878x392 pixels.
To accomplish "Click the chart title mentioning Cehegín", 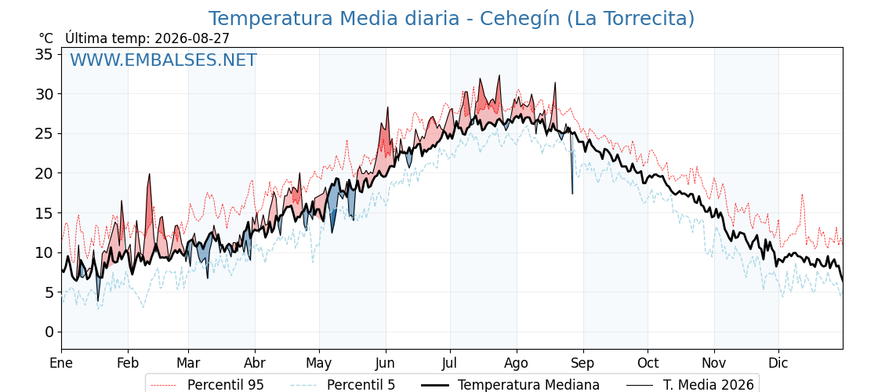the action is pos(452,19).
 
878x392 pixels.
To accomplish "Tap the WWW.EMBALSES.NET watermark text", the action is pos(164,60).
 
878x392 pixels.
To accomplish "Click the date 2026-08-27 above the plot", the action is pos(192,38).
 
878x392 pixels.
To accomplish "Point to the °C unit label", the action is pos(46,38).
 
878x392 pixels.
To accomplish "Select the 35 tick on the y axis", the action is pos(44,54).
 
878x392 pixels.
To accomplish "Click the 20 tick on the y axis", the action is pos(44,173).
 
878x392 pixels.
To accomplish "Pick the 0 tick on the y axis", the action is pos(49,332).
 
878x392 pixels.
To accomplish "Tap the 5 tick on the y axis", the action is pos(49,292).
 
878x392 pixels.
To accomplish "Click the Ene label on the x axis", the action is pos(61,364).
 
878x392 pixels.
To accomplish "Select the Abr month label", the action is pos(255,364).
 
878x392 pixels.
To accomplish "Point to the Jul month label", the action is pos(450,364).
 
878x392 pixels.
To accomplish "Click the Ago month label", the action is pos(517,364).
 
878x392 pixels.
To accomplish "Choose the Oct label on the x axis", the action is pos(648,364).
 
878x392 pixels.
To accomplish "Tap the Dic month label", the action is pos(778,364).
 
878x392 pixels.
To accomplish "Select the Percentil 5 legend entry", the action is pos(343,385).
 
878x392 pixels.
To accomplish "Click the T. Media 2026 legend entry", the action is pos(690,385).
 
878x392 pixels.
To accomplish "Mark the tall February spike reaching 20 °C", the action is pos(150,174).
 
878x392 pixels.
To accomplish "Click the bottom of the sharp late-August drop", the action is pos(572,194).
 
